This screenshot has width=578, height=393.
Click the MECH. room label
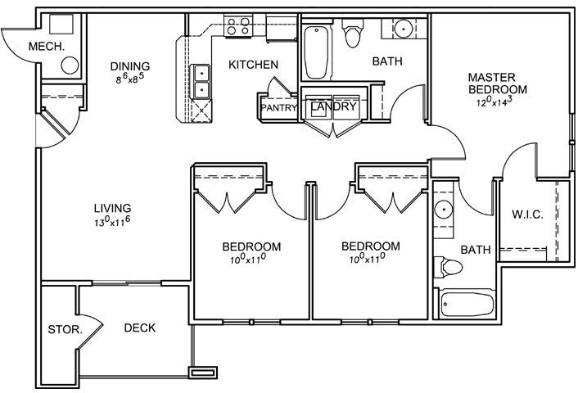(x=47, y=47)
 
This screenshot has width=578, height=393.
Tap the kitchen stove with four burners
(x=237, y=26)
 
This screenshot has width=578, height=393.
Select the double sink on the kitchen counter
(x=200, y=82)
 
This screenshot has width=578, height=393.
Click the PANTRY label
(x=278, y=108)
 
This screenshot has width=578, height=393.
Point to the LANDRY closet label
(x=333, y=106)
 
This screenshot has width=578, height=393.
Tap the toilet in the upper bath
(x=353, y=34)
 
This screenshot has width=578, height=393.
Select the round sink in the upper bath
(x=404, y=28)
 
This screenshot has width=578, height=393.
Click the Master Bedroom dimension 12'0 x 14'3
(x=494, y=101)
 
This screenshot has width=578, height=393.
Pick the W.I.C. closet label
(x=527, y=215)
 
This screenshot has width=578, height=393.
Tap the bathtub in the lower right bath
(x=467, y=304)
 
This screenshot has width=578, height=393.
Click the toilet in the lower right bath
(x=449, y=267)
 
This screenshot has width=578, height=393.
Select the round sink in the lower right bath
(x=444, y=210)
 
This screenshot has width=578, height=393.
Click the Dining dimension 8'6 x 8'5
(x=129, y=79)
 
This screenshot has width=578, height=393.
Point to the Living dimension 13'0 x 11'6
(x=112, y=221)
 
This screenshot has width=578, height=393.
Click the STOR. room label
(x=65, y=329)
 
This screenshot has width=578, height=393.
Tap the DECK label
(x=140, y=327)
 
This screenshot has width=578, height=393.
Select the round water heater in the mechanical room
(x=70, y=65)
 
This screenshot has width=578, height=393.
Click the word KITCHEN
(x=253, y=65)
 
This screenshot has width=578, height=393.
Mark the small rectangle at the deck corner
(x=203, y=373)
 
